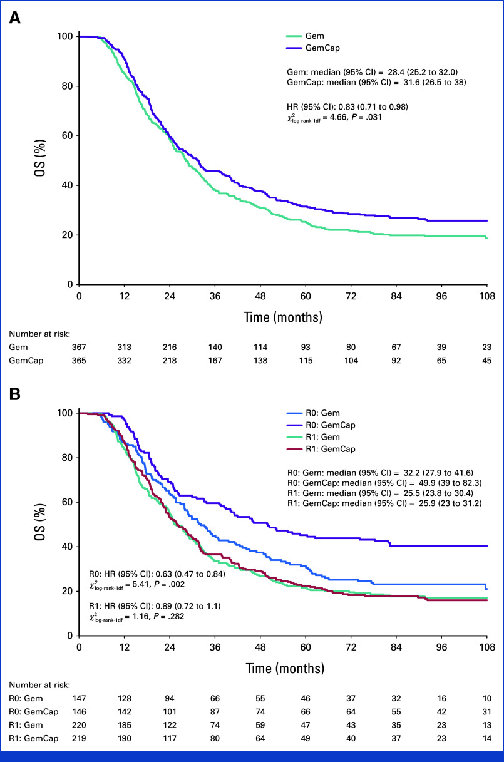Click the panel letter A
[14, 18]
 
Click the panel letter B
[14, 394]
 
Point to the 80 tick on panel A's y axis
[68, 86]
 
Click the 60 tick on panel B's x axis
[306, 647]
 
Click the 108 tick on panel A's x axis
[487, 296]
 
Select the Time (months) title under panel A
[283, 317]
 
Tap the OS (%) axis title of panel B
[39, 522]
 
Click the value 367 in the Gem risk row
[79, 347]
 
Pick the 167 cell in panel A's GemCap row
[215, 360]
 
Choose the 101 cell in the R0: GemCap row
[170, 712]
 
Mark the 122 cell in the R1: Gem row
[170, 725]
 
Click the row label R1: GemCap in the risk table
[34, 739]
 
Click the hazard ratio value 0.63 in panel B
[163, 574]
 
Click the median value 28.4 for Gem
[396, 72]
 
